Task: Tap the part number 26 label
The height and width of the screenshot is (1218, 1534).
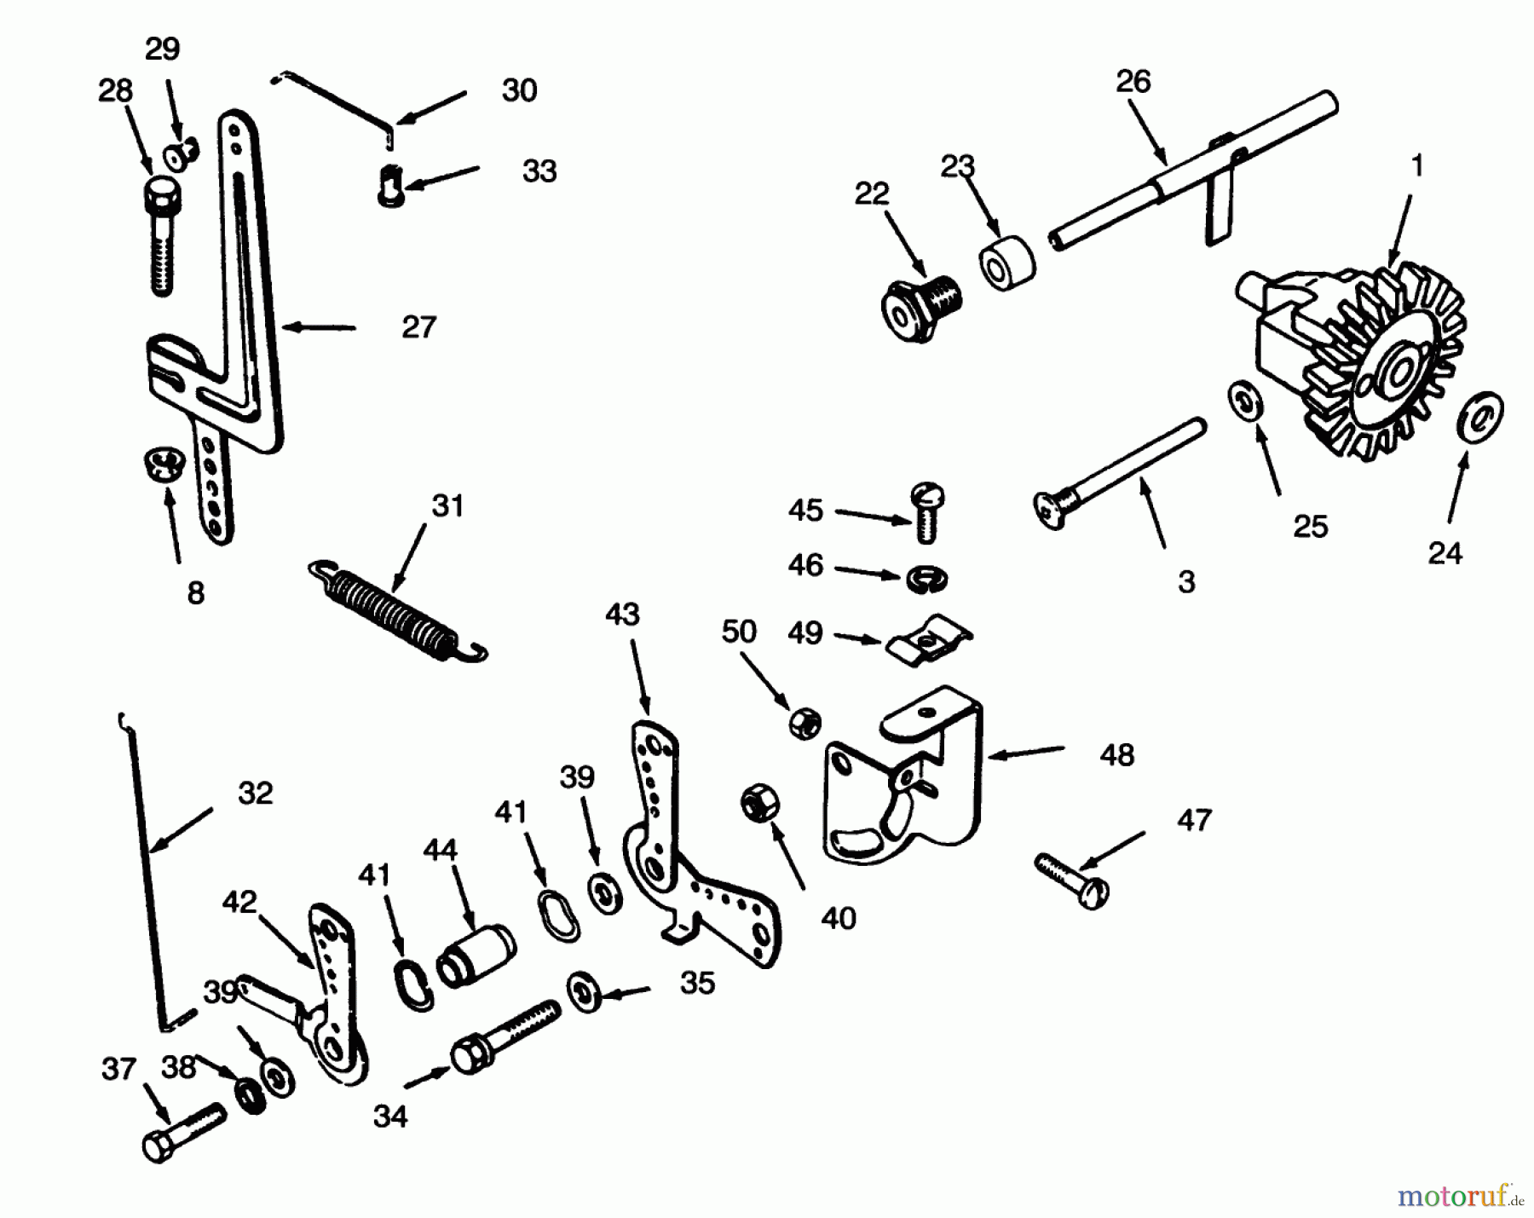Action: pos(1133,82)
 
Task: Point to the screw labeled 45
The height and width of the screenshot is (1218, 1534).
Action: pos(927,513)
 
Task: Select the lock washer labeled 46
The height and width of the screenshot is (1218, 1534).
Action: pos(926,577)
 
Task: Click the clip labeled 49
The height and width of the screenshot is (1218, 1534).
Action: pos(928,638)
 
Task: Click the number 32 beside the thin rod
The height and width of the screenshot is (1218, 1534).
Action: pos(255,794)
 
